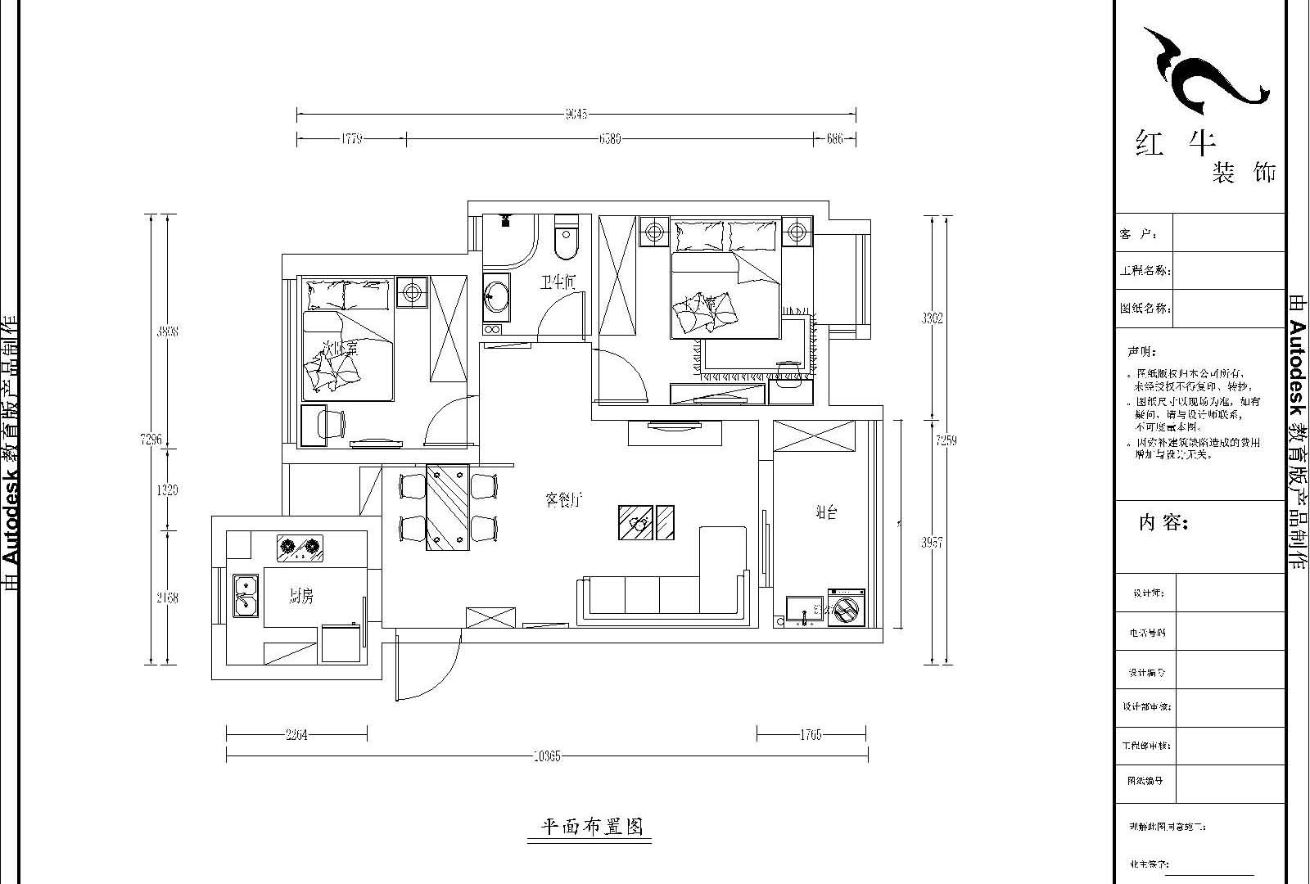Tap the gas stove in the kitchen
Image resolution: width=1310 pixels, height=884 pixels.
coord(299,548)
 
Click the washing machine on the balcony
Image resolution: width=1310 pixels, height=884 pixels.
coord(844,608)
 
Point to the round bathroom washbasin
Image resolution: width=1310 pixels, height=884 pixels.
coord(495,296)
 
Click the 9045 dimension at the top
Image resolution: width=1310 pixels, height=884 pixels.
coord(576,115)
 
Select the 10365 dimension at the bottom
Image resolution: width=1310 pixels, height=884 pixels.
coord(546,756)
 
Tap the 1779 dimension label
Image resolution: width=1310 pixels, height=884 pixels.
coord(351,139)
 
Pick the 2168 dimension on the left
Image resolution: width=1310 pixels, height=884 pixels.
coord(167,598)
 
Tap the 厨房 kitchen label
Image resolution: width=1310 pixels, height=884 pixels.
coord(300,598)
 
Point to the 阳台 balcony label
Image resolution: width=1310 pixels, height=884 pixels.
coord(826,513)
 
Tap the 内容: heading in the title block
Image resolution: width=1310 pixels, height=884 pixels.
coord(1163,523)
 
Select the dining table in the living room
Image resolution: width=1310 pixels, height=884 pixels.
coord(447,507)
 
